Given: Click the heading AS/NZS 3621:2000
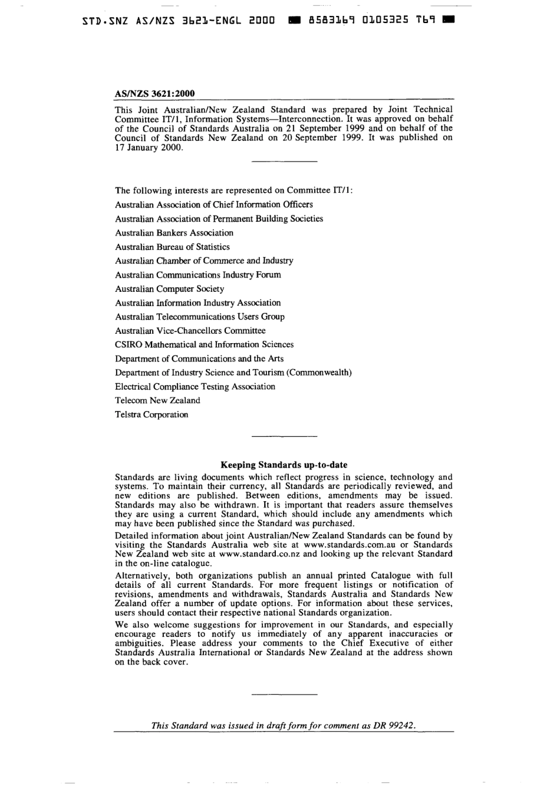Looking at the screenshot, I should pos(154,93).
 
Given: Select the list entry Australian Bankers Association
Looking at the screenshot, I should pos(174,233).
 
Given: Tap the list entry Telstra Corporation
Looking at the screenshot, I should pos(151,415).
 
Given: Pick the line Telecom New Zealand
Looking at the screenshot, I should pos(157,400).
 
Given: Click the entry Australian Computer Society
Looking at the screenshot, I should pos(169,289).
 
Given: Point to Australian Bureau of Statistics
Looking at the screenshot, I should pos(172,247).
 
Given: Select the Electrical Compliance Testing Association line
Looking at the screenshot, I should pos(195,387).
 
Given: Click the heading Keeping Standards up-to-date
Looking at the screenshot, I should pos(284,465).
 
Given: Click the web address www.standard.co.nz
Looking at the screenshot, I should pos(259,554).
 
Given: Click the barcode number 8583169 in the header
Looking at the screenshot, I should pos(330,19).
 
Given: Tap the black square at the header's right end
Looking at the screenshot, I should pos(449,19).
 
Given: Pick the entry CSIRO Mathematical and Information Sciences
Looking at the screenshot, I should pos(204,344).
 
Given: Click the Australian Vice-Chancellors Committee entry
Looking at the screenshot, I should pos(190,331).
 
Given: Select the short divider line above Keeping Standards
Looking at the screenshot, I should pos(284,437).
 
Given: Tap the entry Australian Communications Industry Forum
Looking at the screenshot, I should pos(197,275).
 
